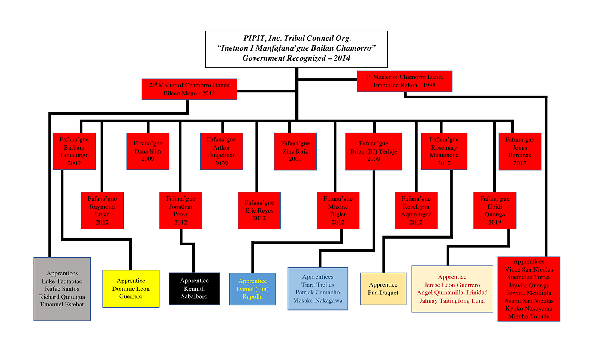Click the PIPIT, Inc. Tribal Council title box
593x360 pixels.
pyautogui.click(x=296, y=49)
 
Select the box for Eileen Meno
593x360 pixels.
pyautogui.click(x=189, y=89)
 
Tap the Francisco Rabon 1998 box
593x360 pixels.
pyautogui.click(x=404, y=81)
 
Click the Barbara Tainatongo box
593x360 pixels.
pyautogui.click(x=74, y=151)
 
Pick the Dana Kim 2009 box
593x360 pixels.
pyautogui.click(x=148, y=151)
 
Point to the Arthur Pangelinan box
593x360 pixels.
pyautogui.click(x=221, y=151)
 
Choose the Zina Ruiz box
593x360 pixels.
pyautogui.click(x=295, y=151)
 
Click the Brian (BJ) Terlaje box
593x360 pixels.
pyautogui.click(x=373, y=151)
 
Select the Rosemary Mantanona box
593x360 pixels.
pyautogui.click(x=444, y=151)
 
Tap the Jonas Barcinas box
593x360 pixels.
pyautogui.click(x=520, y=151)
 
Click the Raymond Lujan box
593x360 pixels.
pyautogui.click(x=102, y=210)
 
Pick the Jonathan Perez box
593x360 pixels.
pyautogui.click(x=180, y=210)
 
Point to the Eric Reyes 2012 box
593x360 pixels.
pyautogui.click(x=259, y=210)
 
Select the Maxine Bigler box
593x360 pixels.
pyautogui.click(x=338, y=210)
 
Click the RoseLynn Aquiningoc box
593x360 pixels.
pyautogui.click(x=416, y=210)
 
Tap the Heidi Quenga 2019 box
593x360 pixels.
pyautogui.click(x=494, y=210)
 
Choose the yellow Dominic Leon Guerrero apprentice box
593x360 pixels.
pyautogui.click(x=131, y=288)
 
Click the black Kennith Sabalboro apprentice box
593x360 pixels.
pyautogui.click(x=194, y=288)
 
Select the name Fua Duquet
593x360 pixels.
pyautogui.click(x=383, y=293)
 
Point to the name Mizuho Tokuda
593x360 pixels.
pyautogui.click(x=529, y=316)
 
